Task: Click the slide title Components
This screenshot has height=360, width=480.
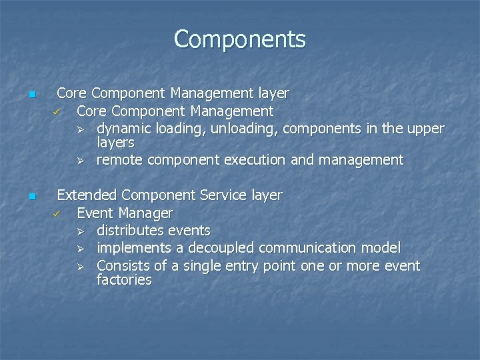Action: [x=240, y=39]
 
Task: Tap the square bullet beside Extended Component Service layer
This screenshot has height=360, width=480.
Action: [x=31, y=197]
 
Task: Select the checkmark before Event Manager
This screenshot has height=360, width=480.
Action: [x=57, y=214]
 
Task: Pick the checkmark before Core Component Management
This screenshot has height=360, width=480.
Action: [x=57, y=111]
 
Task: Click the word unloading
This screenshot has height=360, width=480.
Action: [x=233, y=128]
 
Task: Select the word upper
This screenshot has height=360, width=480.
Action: [x=426, y=128]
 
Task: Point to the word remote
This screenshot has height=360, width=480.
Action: [x=120, y=160]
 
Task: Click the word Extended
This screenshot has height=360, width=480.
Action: [x=87, y=195]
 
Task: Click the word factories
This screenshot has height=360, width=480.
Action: [x=124, y=280]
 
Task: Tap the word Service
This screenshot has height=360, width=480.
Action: [x=225, y=195]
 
